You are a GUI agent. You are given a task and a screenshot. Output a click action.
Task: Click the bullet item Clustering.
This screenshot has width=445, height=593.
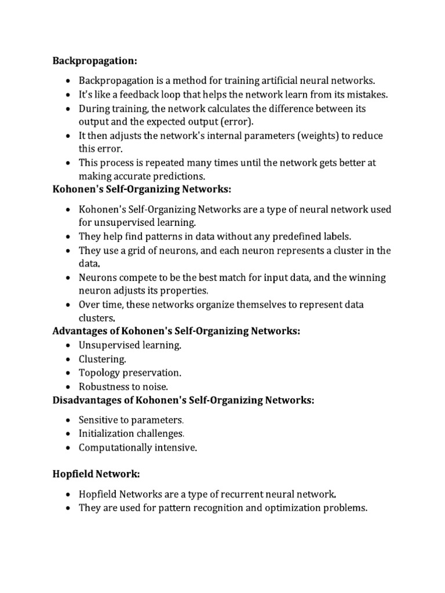click(x=103, y=359)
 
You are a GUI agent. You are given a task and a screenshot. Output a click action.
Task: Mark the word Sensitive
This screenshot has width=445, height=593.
click(x=99, y=420)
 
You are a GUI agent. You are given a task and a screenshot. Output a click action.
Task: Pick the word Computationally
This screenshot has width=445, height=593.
click(x=115, y=448)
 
